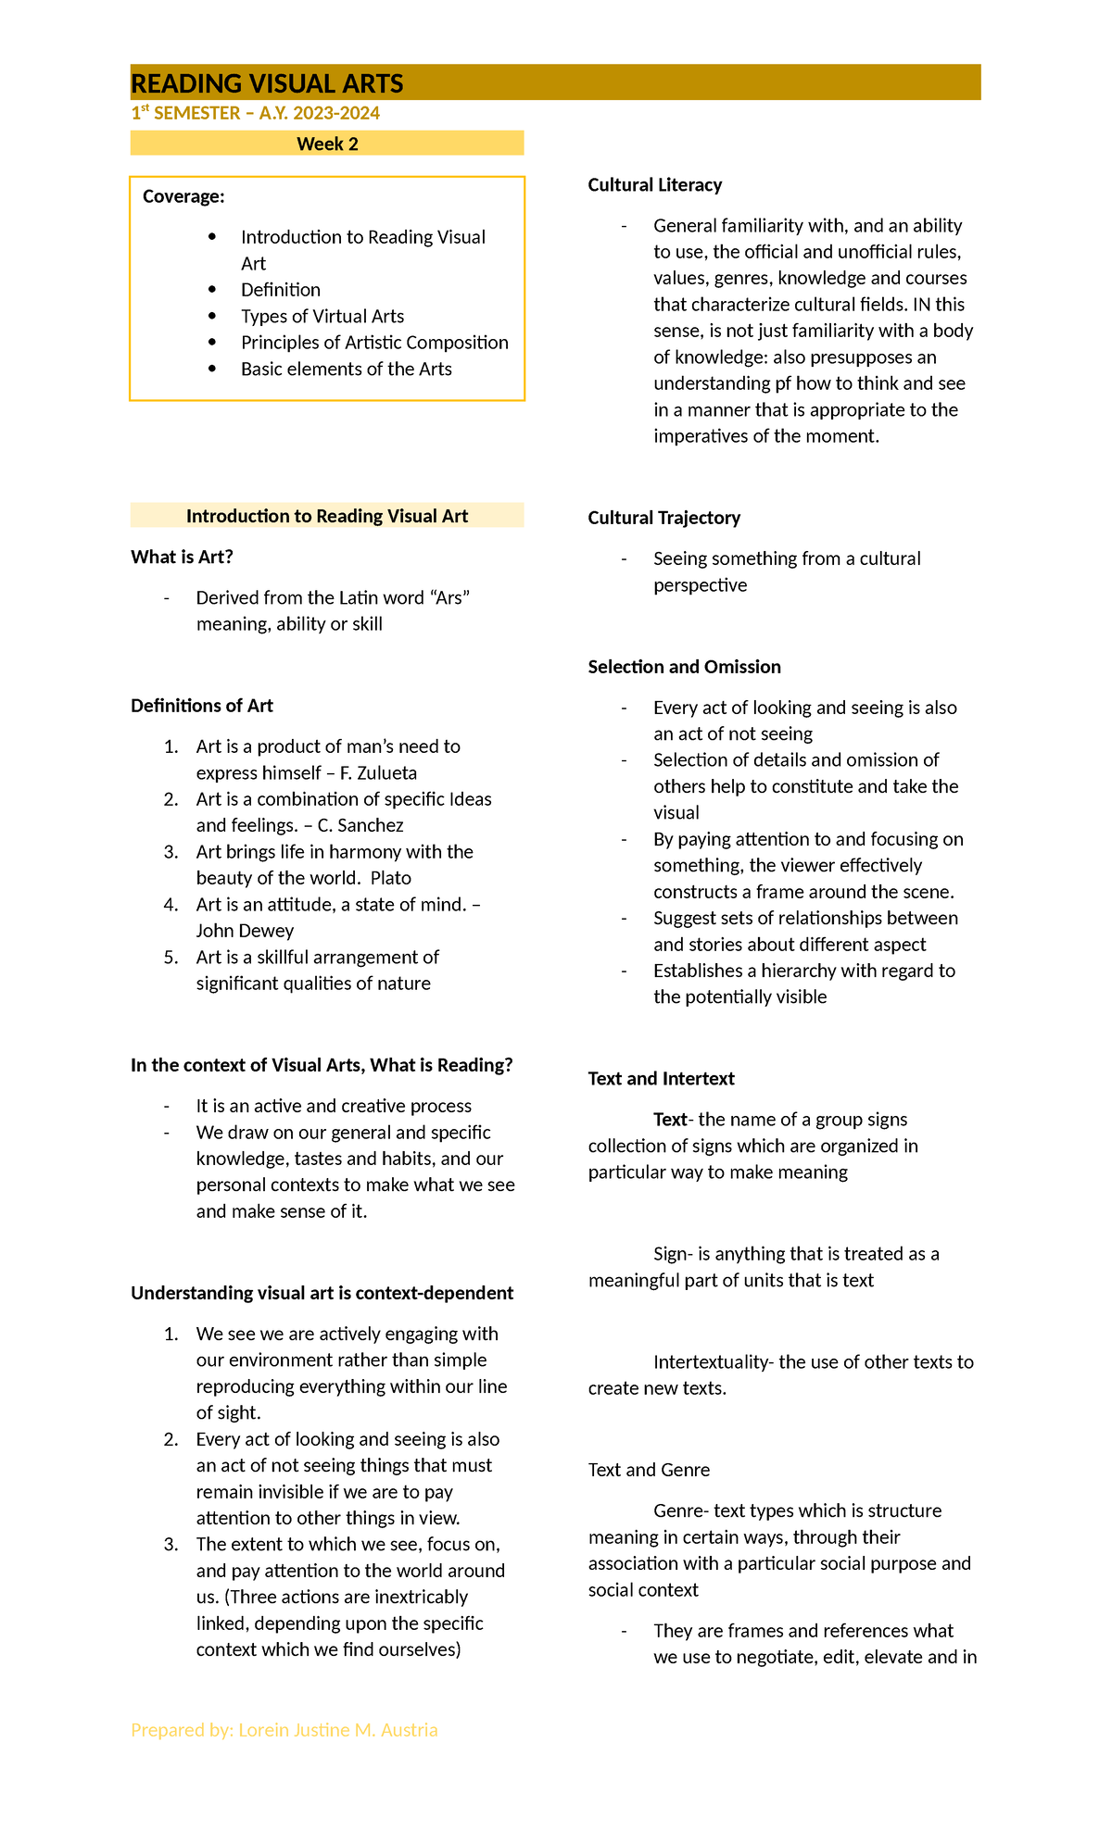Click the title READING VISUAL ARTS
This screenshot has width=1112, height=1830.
pyautogui.click(x=267, y=83)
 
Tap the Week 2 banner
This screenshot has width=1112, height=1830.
pyautogui.click(x=327, y=144)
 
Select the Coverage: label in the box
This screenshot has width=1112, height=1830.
pyautogui.click(x=183, y=196)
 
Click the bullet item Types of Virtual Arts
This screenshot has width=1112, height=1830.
pyautogui.click(x=322, y=316)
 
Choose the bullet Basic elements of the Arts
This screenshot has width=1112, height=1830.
pyautogui.click(x=346, y=369)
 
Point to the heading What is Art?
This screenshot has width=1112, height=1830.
pyautogui.click(x=182, y=557)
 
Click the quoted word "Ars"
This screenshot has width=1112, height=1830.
pyautogui.click(x=452, y=597)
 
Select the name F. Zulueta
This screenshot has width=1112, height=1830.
pyautogui.click(x=378, y=772)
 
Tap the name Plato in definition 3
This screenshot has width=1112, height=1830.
pyautogui.click(x=390, y=877)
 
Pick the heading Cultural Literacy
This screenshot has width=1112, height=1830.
pyautogui.click(x=654, y=185)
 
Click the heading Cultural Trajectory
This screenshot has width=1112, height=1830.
pyautogui.click(x=663, y=518)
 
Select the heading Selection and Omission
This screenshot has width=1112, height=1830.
pyautogui.click(x=684, y=667)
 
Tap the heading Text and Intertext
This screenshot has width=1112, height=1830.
pyautogui.click(x=661, y=1078)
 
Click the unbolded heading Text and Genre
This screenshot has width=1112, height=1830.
pyautogui.click(x=649, y=1470)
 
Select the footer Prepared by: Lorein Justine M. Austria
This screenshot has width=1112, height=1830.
pyautogui.click(x=284, y=1730)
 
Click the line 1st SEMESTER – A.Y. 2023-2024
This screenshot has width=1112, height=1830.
pyautogui.click(x=255, y=113)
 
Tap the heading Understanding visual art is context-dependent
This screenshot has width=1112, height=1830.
pyautogui.click(x=322, y=1293)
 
